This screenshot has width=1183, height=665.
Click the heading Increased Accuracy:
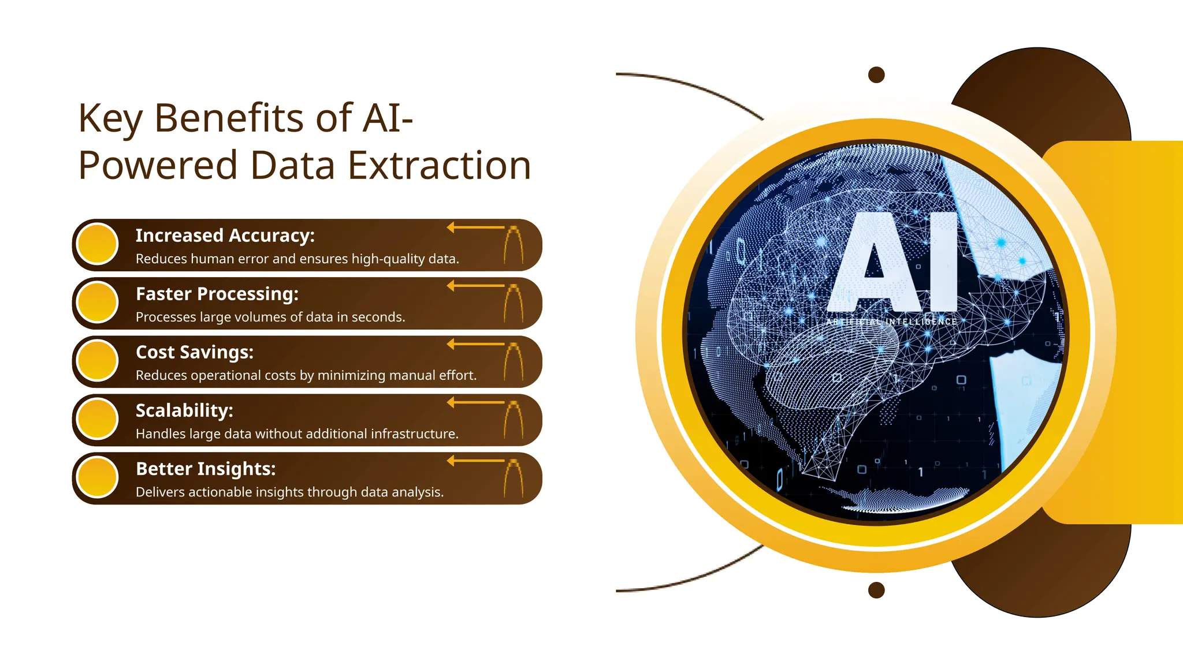[225, 236]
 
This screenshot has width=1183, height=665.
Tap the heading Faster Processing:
[217, 294]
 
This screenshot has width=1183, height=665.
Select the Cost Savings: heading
[194, 352]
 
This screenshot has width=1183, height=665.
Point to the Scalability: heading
[184, 410]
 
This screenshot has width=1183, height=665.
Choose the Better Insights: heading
[205, 469]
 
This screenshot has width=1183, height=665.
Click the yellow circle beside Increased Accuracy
[98, 244]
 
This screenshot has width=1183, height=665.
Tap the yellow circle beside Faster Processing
[98, 302]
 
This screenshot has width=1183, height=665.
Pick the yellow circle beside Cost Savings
[98, 361]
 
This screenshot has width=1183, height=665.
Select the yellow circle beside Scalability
[98, 419]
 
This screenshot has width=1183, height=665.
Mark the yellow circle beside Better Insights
[98, 477]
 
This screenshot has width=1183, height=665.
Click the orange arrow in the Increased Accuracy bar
[475, 227]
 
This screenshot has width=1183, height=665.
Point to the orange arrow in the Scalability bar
[475, 402]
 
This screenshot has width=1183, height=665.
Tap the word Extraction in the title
[439, 166]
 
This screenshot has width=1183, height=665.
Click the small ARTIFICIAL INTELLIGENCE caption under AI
[891, 322]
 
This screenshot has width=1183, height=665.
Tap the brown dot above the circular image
[876, 74]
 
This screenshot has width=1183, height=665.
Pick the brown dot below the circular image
[876, 590]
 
